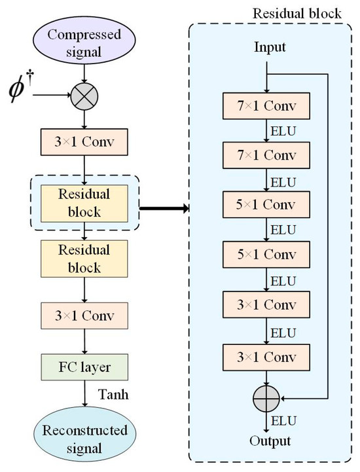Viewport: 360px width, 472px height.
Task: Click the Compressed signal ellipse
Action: (x=84, y=41)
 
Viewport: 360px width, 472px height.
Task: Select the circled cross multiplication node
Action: (x=84, y=97)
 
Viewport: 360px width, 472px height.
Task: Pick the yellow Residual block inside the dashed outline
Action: (x=84, y=203)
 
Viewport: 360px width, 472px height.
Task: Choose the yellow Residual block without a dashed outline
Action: (x=84, y=259)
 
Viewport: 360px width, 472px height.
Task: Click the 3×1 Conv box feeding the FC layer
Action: (x=84, y=315)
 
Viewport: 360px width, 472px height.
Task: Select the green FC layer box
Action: (x=84, y=365)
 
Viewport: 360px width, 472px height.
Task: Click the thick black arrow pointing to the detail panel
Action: (x=164, y=209)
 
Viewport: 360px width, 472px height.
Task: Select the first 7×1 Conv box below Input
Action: (x=266, y=106)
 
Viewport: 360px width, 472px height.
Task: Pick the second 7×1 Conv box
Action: (x=266, y=156)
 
